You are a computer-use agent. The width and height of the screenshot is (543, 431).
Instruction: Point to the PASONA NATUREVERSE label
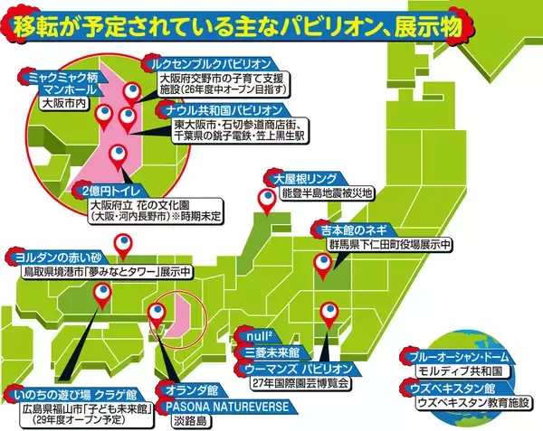pyautogui.click(x=227, y=407)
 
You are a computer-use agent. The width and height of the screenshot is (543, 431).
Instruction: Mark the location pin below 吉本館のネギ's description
pyautogui.click(x=321, y=265)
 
